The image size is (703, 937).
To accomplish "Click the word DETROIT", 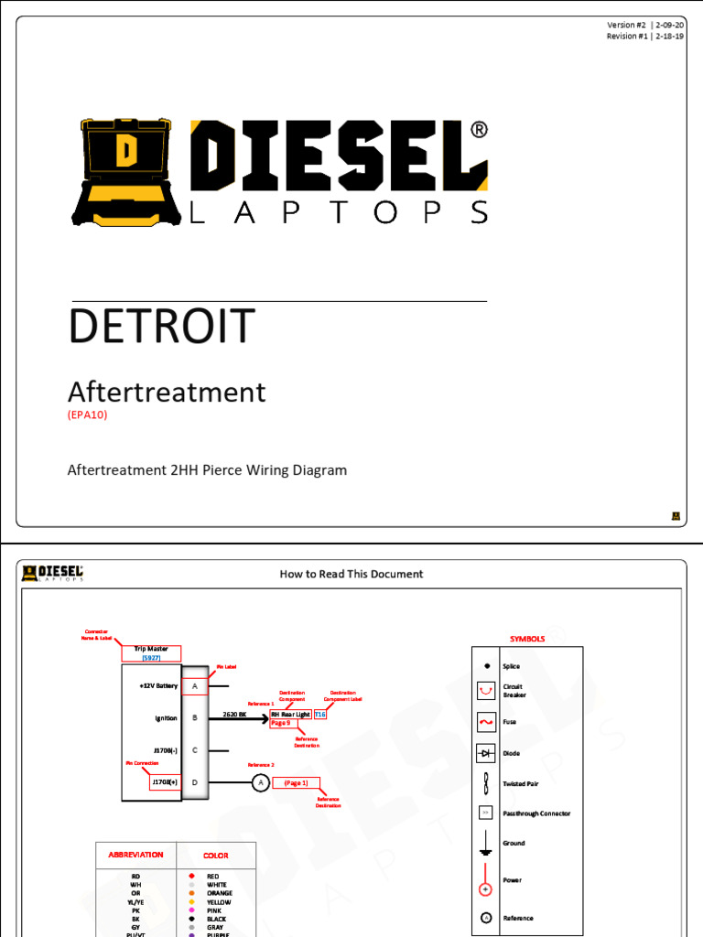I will point(161,327).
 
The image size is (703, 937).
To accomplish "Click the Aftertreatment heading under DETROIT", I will point(167,393).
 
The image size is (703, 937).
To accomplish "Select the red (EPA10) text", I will point(88,415).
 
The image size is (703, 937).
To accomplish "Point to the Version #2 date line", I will point(644,25).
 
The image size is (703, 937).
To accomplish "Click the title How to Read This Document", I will point(351,574).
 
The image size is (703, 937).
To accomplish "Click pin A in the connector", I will point(195,685).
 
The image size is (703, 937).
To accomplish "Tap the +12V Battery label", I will point(158,685).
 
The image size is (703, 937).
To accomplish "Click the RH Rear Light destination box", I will point(290,714).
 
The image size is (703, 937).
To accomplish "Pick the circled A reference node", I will point(260,782).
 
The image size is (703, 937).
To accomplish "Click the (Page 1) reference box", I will point(296,782).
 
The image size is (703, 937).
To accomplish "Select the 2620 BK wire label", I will point(235,714).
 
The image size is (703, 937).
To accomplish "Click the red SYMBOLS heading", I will point(527,639).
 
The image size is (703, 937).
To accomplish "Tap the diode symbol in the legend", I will point(485,753).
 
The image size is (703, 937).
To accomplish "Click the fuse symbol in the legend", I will point(485,723).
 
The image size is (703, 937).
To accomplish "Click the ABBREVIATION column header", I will point(135,855).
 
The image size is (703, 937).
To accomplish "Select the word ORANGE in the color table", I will point(220,893).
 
